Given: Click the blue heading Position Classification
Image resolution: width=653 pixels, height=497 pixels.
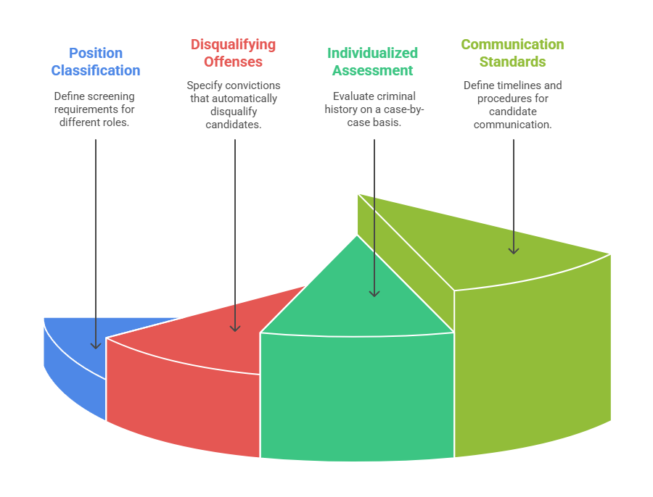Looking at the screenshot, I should click(96, 62).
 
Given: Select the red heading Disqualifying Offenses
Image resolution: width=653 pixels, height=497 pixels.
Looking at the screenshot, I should click(233, 53).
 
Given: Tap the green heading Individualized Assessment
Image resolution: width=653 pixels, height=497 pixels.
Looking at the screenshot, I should click(372, 62).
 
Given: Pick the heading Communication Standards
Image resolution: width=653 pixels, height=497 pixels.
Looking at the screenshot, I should click(512, 53).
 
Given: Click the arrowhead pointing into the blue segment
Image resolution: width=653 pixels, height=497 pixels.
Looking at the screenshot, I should click(96, 345).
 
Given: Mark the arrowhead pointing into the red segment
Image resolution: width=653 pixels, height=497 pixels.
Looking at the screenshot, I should click(234, 327).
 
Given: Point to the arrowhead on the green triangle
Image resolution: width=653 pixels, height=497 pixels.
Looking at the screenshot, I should click(374, 293).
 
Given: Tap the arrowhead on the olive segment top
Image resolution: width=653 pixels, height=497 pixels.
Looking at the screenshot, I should click(513, 250).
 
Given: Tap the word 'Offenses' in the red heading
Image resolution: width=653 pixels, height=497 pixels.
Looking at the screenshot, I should click(233, 62).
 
